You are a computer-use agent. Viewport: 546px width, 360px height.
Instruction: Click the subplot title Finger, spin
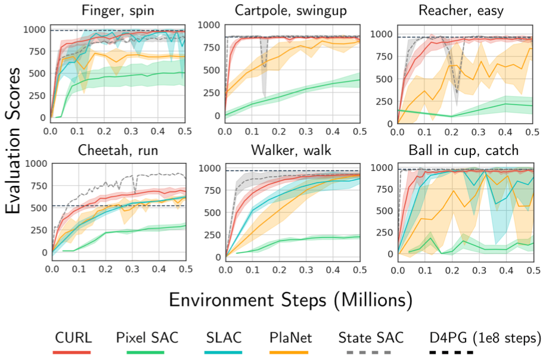point(118,10)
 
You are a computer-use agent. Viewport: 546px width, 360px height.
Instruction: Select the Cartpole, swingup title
point(292,10)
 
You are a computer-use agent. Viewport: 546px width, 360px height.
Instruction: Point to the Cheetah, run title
point(118,151)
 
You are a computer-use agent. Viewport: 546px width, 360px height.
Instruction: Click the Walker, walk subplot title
point(292,151)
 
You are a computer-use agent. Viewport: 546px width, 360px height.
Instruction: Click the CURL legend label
point(72,337)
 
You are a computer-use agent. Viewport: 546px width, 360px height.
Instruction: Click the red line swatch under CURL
point(72,352)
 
